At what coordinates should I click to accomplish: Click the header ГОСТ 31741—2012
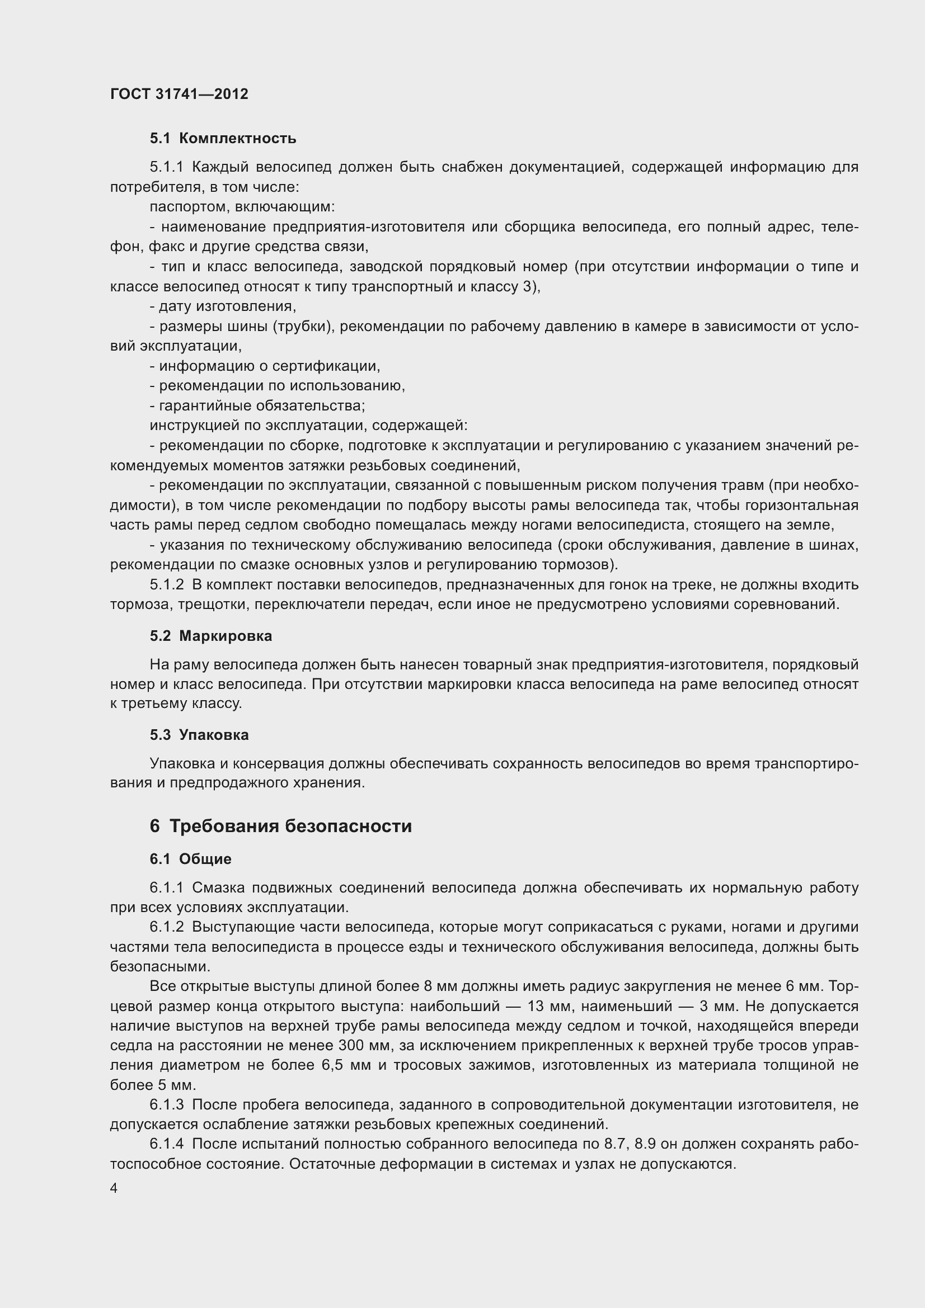point(179,94)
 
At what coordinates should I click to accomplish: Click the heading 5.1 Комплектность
point(223,139)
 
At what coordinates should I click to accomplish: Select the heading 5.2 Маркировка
point(211,636)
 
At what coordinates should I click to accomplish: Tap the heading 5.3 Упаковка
point(199,735)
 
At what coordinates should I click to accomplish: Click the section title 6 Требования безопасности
point(280,825)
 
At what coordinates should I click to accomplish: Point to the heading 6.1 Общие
point(190,859)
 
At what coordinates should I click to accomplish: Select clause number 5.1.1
point(166,167)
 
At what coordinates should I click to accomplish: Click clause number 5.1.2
point(166,584)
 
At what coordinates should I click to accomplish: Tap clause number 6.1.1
point(166,887)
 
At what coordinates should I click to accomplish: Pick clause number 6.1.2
point(166,927)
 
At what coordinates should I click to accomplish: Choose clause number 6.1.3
point(166,1104)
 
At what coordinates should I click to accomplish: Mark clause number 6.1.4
point(166,1145)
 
